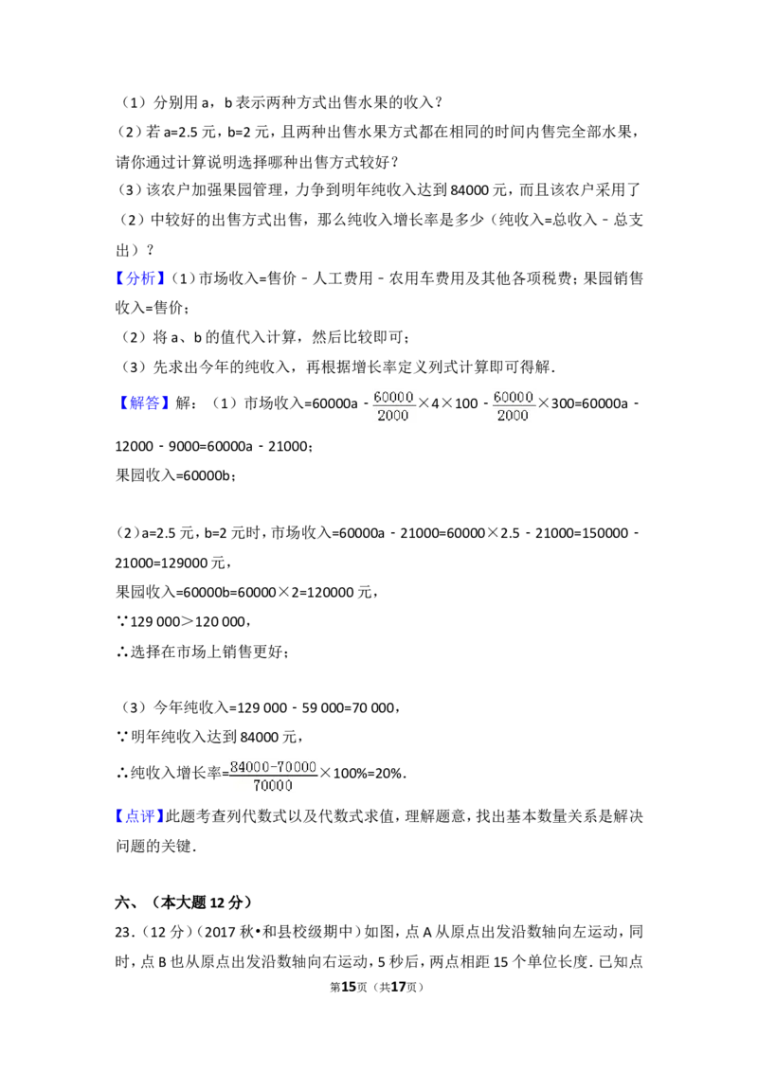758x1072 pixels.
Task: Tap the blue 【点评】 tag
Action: point(140,815)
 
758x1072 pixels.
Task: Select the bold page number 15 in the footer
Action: point(349,987)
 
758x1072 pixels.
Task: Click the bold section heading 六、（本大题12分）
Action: point(184,902)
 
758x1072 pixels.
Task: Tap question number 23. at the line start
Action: point(123,932)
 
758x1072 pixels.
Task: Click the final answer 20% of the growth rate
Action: point(388,774)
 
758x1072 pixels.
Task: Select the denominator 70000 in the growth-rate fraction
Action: point(273,786)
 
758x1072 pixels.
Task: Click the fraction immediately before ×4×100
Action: point(393,406)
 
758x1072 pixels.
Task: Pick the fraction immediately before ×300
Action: point(514,406)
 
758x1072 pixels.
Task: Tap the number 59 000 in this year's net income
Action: point(324,708)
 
